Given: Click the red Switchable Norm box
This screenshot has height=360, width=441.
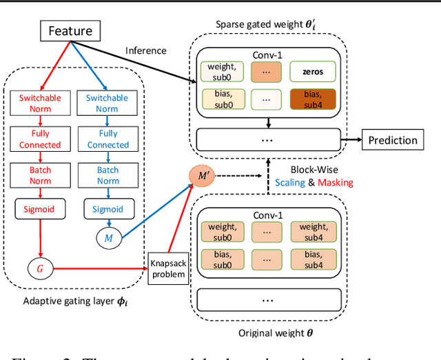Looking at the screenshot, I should pyautogui.click(x=39, y=103).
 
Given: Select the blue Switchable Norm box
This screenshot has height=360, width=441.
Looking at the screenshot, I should pyautogui.click(x=107, y=103).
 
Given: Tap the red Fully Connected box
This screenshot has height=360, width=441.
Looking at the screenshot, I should pyautogui.click(x=39, y=139).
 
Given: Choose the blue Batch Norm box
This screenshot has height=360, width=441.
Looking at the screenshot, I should pyautogui.click(x=107, y=175).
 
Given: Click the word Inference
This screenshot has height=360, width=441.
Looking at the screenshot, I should pyautogui.click(x=145, y=50).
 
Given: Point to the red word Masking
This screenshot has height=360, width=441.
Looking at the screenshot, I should pyautogui.click(x=335, y=182).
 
